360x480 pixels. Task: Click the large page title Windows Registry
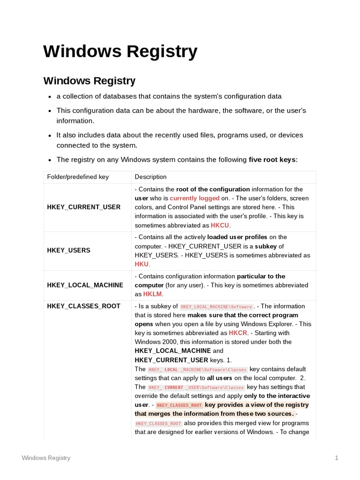(x=120, y=51)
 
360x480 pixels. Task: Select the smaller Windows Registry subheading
(x=90, y=81)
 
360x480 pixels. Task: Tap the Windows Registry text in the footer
(x=46, y=457)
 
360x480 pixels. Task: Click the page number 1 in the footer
(x=336, y=457)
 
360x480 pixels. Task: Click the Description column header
(x=150, y=177)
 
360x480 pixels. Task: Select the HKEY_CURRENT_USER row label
(x=83, y=207)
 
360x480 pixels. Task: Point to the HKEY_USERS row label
(x=68, y=250)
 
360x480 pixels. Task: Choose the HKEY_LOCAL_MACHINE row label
(x=85, y=285)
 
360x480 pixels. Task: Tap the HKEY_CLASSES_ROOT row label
(x=83, y=306)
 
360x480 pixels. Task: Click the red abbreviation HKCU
(x=220, y=225)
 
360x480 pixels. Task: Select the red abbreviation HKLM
(x=152, y=294)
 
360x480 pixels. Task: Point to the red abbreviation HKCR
(x=238, y=333)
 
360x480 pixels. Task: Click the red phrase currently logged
(x=198, y=198)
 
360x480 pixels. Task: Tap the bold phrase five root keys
(x=272, y=160)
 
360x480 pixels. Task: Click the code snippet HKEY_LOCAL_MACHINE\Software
(x=217, y=307)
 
